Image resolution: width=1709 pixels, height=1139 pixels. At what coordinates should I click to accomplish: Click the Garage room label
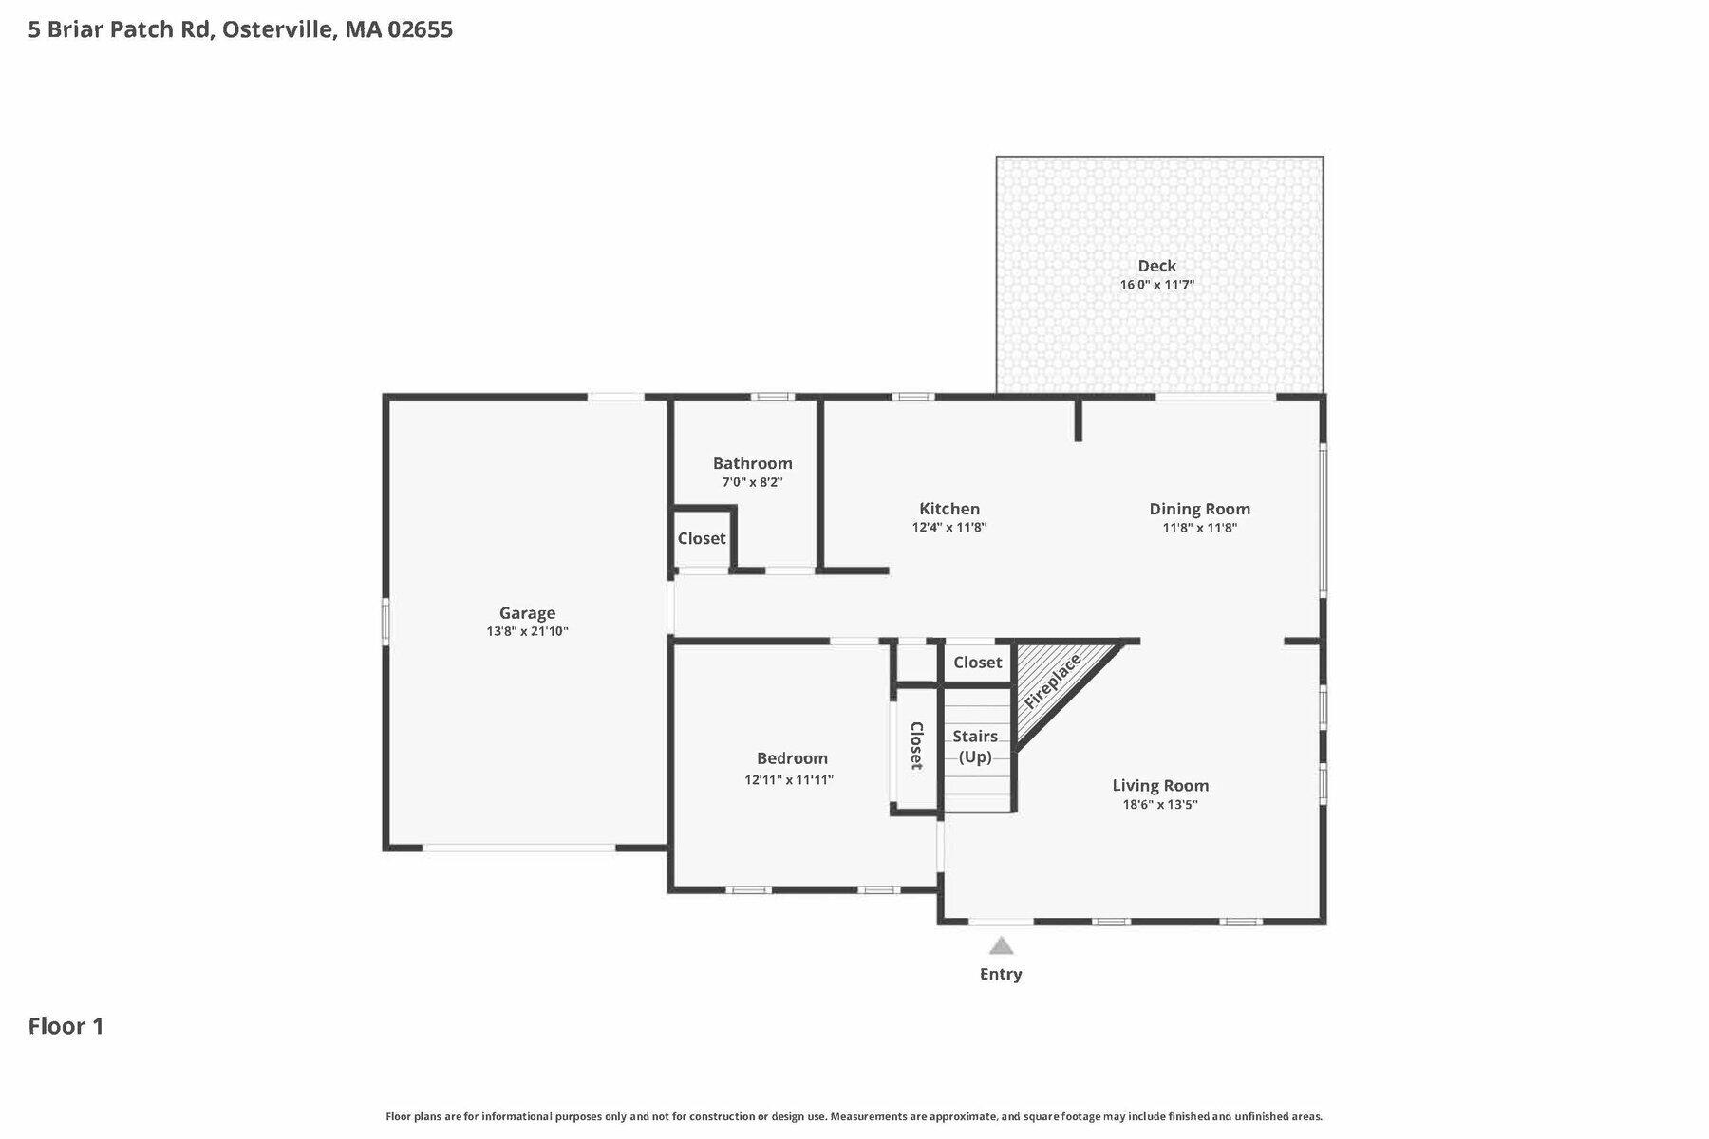coord(527,613)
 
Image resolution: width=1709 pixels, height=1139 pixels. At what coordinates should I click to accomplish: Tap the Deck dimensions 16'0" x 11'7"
coord(1156,285)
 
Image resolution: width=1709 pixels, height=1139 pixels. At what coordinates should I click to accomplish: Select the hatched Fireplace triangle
coord(1054,682)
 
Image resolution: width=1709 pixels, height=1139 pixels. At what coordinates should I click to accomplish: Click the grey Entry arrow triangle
coord(1001,946)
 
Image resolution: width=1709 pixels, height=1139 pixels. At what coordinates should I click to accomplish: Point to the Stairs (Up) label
coord(975,746)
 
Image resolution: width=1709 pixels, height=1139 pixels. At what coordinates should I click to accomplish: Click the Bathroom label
coord(752,463)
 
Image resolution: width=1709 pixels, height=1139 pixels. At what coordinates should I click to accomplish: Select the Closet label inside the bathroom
coord(702,538)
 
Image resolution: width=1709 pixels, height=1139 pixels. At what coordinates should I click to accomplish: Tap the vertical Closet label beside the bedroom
coord(916,745)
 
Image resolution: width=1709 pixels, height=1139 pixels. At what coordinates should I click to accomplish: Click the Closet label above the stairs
coord(977,663)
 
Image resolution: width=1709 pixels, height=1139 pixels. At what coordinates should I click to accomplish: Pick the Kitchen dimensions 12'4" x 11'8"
coord(949,528)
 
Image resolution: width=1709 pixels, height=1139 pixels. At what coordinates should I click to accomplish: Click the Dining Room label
coord(1199,509)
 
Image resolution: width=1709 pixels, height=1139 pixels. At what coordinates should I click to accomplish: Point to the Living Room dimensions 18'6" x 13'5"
coord(1160,805)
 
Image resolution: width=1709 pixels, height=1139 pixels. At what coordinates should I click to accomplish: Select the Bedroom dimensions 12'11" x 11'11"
coord(789,780)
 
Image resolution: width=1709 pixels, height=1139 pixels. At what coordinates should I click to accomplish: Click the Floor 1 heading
coord(66,1026)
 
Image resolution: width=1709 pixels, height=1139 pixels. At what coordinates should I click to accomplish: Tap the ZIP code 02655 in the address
coord(420,29)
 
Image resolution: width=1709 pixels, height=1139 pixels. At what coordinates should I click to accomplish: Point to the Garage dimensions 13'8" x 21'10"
coord(527,632)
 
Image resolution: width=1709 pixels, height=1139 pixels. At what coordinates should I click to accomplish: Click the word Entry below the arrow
coord(1001,974)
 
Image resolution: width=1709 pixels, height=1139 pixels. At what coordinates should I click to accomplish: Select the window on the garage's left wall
coord(385,621)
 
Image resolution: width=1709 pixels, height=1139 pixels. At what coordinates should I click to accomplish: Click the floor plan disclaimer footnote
coord(854,1117)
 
